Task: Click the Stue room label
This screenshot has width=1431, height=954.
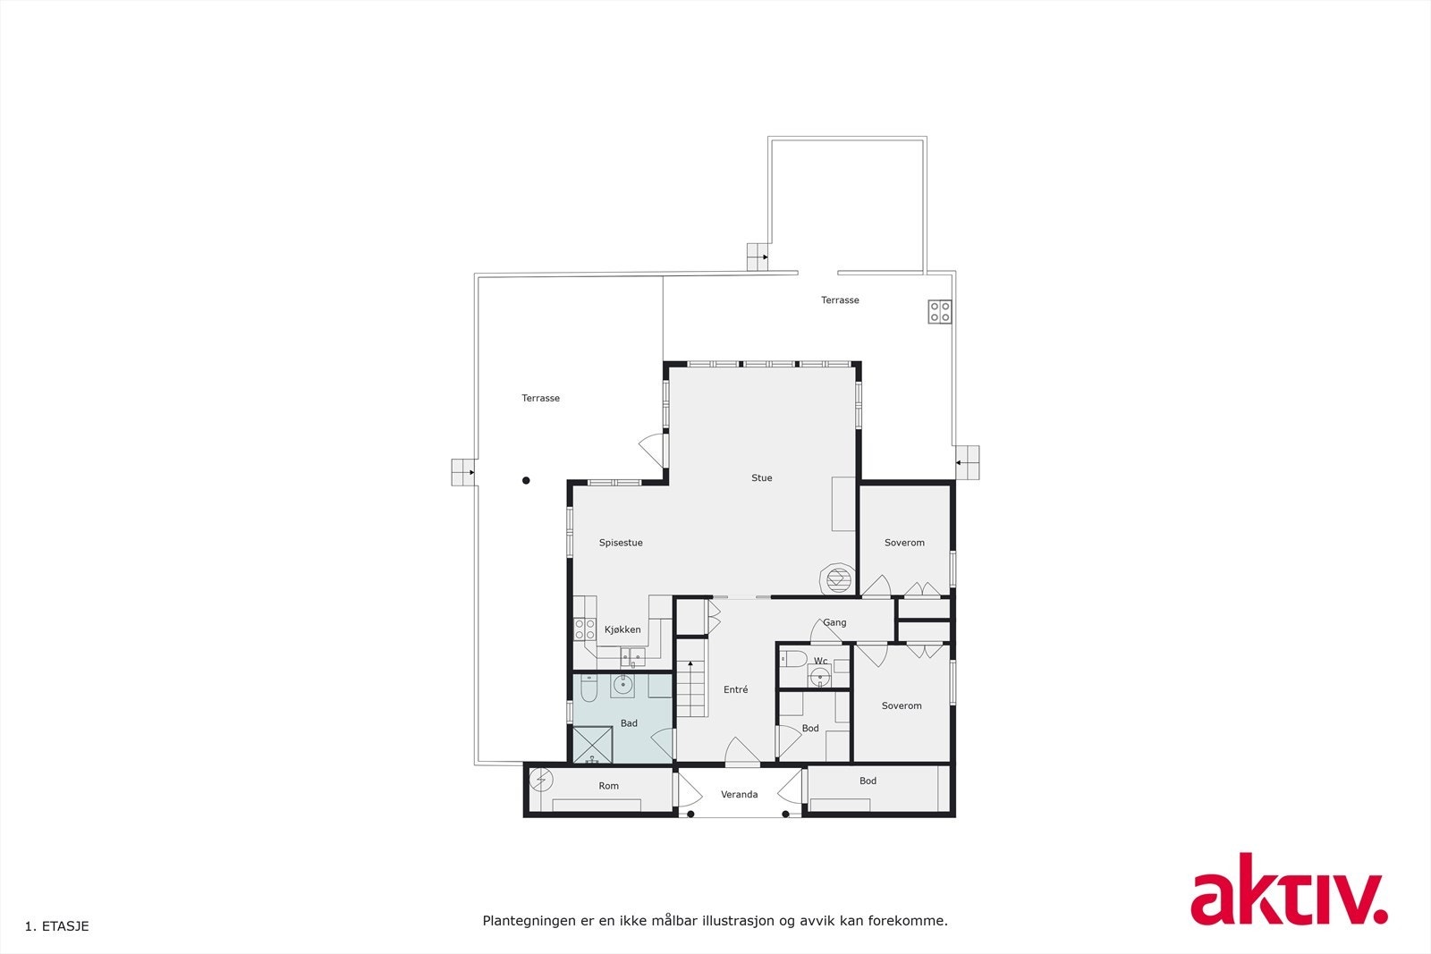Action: [761, 478]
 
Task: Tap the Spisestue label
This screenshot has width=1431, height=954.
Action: [621, 543]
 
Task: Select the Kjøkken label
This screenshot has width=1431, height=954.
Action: [622, 629]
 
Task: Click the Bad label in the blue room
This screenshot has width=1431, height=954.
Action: [629, 723]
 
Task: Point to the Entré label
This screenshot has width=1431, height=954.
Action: [735, 690]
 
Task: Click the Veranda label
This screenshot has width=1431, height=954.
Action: [739, 795]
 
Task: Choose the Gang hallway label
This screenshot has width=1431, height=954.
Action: [834, 623]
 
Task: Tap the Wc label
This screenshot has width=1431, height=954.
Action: [820, 662]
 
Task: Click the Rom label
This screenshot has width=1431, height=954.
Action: [608, 786]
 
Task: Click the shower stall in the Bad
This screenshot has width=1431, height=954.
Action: [592, 745]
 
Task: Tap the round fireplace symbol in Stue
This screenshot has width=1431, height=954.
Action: [838, 579]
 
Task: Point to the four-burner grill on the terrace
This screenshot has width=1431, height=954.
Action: [940, 311]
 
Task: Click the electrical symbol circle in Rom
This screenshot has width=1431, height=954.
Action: [541, 781]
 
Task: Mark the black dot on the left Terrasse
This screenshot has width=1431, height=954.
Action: [526, 481]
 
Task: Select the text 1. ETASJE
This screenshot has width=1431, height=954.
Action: [57, 926]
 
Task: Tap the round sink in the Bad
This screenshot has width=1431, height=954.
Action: [622, 686]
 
